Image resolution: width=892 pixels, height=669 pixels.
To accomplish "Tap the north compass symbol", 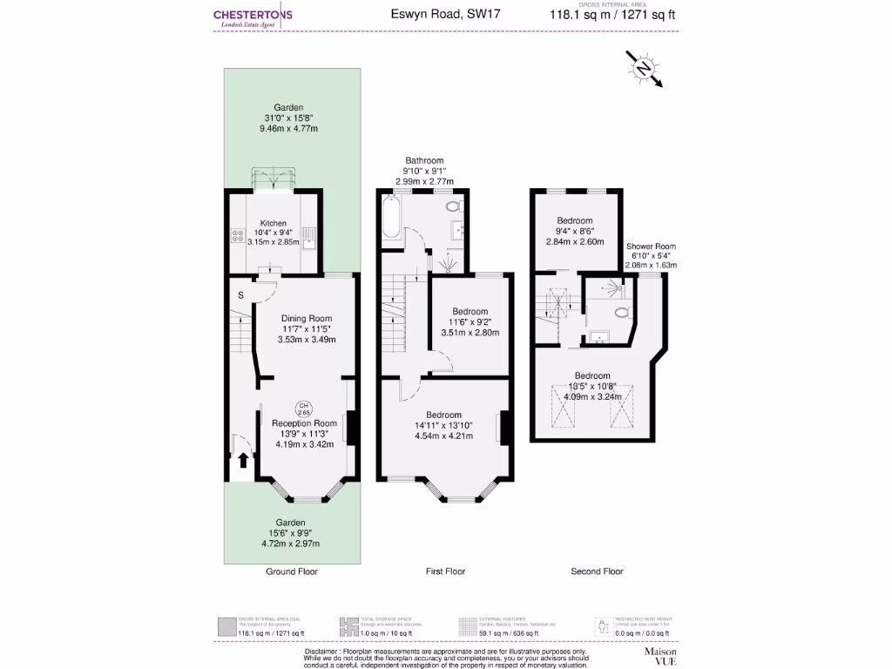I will [x=644, y=69].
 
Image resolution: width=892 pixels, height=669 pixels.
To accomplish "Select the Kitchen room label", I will [x=273, y=223].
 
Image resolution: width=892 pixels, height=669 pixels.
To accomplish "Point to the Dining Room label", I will [x=306, y=318].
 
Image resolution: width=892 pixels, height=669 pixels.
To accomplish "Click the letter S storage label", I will [x=240, y=294].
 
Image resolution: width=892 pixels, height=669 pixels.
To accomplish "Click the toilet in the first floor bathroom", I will [x=453, y=207].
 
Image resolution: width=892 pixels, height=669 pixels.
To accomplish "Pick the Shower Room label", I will [x=651, y=247].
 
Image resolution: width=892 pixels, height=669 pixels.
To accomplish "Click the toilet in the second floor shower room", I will [x=621, y=312].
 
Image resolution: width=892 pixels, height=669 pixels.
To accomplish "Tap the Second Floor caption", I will [x=597, y=571].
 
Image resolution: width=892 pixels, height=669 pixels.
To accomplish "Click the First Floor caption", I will [x=445, y=571].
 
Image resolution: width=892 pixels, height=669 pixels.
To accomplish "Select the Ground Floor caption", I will [x=292, y=571].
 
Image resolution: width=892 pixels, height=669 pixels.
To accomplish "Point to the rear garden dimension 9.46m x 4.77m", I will [x=289, y=129].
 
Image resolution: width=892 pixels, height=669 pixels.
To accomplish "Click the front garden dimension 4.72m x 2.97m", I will [x=291, y=544].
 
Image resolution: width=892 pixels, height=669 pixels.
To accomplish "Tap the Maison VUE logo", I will [x=660, y=655].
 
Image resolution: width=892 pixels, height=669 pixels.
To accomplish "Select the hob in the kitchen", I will [x=237, y=237].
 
